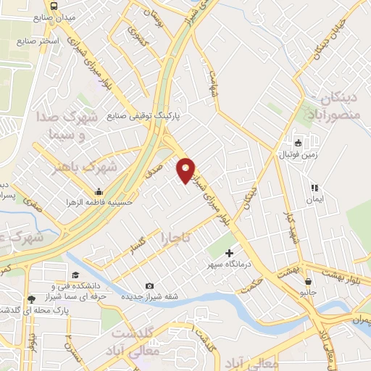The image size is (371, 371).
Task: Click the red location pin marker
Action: [x=185, y=170]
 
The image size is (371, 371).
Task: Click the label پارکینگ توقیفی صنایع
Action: [x=143, y=115]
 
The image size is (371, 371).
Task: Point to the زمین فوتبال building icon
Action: [x=296, y=142]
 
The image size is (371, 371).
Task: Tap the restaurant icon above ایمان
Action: [x=314, y=187]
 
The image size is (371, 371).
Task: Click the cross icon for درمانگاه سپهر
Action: [x=230, y=254]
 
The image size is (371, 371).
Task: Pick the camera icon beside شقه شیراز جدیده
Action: [x=149, y=285]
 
